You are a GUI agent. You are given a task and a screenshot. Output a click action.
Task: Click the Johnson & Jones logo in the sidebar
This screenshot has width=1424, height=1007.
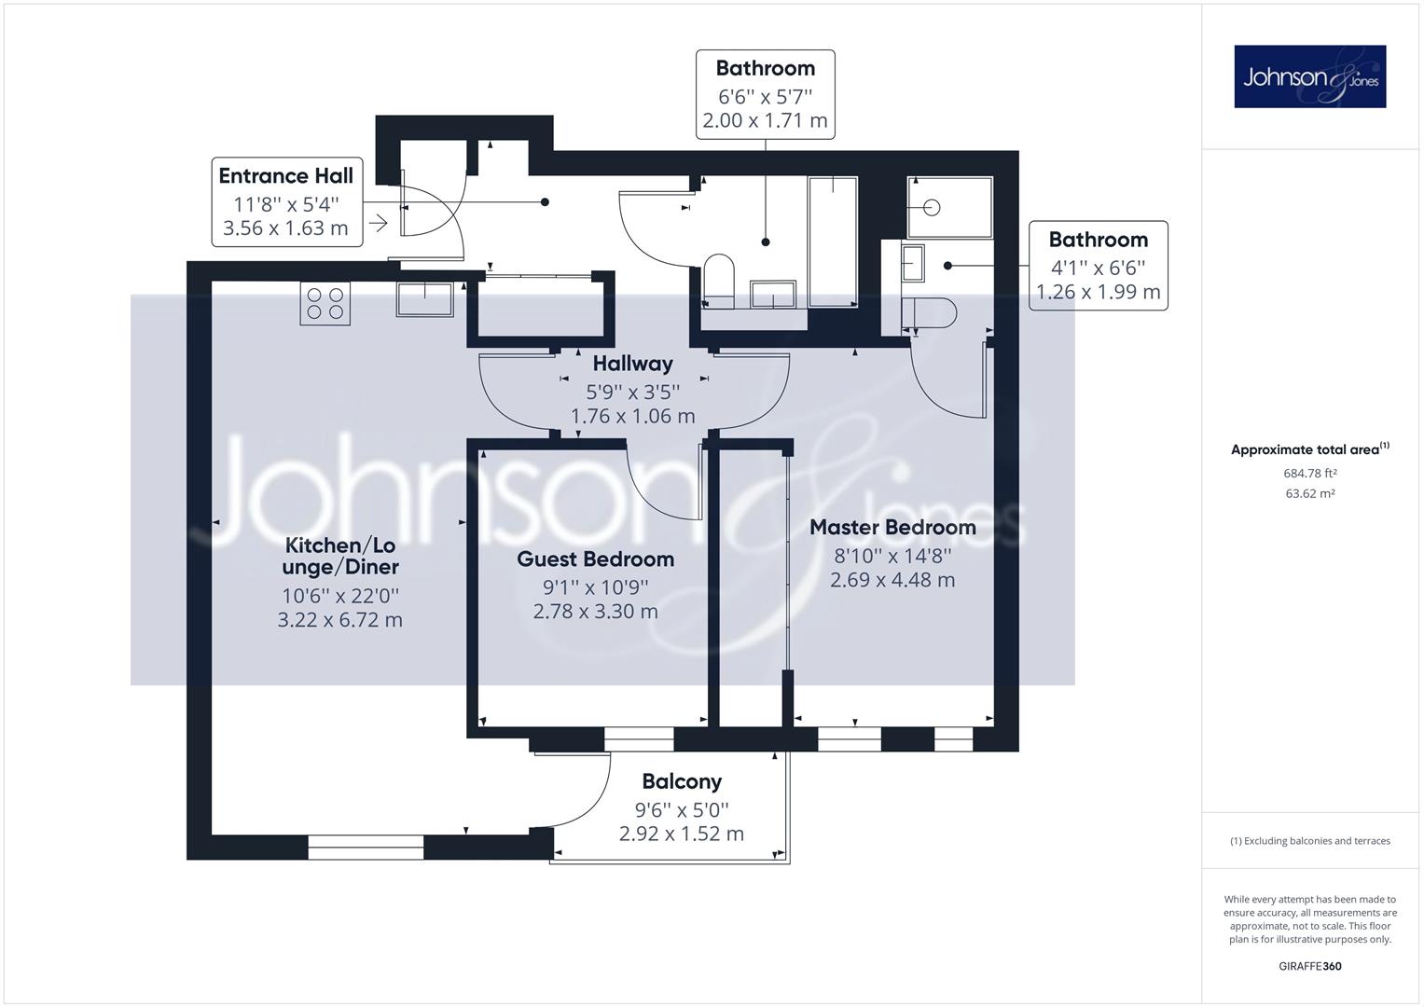(x=1309, y=76)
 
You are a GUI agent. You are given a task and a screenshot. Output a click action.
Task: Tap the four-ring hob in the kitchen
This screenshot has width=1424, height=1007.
(x=325, y=303)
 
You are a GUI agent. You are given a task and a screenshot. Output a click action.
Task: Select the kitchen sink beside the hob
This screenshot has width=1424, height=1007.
(x=424, y=299)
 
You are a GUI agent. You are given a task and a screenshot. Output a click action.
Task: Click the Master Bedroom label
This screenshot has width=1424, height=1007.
(x=892, y=527)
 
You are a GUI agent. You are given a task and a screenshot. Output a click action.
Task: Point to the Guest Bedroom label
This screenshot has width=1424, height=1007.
(x=596, y=559)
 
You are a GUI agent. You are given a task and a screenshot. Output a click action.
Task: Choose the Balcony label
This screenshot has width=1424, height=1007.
(x=682, y=781)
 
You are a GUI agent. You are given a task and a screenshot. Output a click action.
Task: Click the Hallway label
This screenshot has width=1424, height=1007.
(x=632, y=364)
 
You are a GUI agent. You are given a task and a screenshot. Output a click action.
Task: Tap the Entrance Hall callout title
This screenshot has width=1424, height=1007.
(x=286, y=175)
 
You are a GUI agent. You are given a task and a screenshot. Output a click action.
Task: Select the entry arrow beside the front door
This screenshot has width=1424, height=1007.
(x=379, y=223)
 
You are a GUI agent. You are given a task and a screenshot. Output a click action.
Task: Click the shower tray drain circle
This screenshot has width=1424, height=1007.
(x=932, y=207)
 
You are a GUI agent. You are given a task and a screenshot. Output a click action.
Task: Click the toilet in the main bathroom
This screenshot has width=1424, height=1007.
(x=719, y=281)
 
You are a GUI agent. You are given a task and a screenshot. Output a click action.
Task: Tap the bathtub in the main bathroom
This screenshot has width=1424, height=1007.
(x=833, y=241)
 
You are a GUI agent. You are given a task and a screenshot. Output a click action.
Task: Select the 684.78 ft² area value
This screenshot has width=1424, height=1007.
(x=1310, y=473)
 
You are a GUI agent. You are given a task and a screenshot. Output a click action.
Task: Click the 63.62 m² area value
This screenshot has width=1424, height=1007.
(x=1310, y=493)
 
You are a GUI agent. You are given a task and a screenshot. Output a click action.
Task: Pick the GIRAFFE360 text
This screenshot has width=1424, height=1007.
(x=1310, y=966)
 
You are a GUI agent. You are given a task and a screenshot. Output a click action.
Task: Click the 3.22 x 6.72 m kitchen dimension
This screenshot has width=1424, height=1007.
(x=340, y=620)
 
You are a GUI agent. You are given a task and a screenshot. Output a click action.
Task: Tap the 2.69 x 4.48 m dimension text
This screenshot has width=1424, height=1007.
(x=892, y=580)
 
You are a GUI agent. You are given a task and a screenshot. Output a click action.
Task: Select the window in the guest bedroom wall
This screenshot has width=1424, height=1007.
(x=638, y=739)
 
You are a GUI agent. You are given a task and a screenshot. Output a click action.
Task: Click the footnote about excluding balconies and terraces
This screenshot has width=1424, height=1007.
(x=1310, y=840)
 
